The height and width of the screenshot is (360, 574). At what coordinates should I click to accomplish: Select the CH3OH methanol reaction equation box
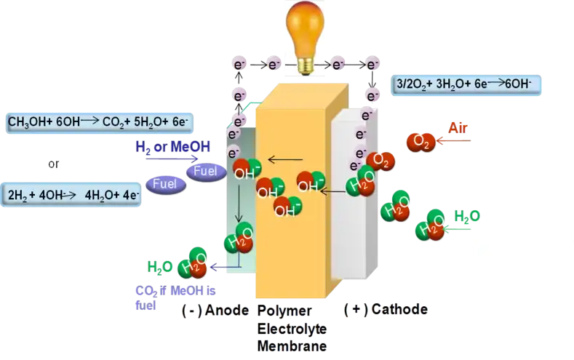click(x=73, y=122)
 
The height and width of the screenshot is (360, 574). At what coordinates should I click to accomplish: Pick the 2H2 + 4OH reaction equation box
click(x=72, y=194)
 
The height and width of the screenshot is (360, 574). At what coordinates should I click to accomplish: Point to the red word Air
click(x=458, y=129)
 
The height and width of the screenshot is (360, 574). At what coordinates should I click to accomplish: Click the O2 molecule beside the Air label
click(x=420, y=141)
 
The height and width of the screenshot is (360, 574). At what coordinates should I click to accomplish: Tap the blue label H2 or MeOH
click(x=172, y=147)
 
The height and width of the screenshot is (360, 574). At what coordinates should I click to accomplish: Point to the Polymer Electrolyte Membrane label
click(x=290, y=328)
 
